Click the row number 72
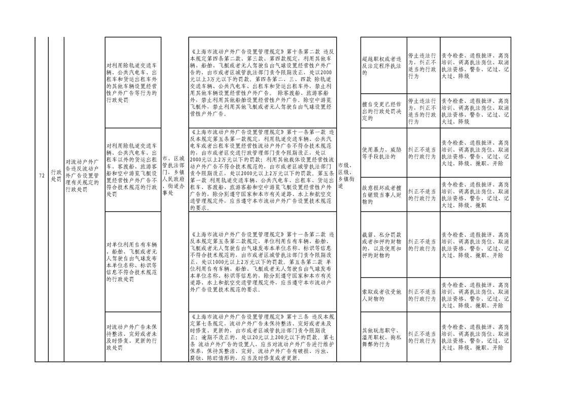tap(42, 175)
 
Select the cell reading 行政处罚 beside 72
tap(56, 175)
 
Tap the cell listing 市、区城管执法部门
tap(174, 175)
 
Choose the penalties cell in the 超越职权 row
tap(475, 65)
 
